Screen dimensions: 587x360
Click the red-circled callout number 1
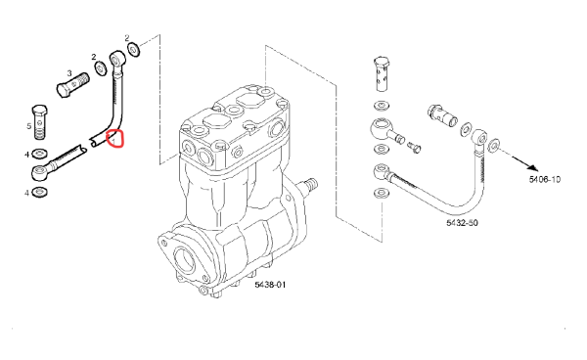pyautogui.click(x=113, y=140)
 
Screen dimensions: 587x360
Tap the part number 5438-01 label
pyautogui.click(x=270, y=285)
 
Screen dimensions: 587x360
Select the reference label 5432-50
pyautogui.click(x=462, y=223)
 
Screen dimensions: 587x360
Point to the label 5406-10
pyautogui.click(x=545, y=179)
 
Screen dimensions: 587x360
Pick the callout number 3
pyautogui.click(x=68, y=72)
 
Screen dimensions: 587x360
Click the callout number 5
pyautogui.click(x=28, y=126)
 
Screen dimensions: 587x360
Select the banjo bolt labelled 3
pyautogui.click(x=72, y=84)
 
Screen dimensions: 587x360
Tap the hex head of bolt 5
pyautogui.click(x=40, y=111)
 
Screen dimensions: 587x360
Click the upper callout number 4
pyautogui.click(x=26, y=155)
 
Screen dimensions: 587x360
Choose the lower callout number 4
pyautogui.click(x=26, y=193)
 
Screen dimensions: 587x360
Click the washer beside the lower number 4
pyautogui.click(x=40, y=193)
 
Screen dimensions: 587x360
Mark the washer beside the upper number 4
pyautogui.click(x=40, y=153)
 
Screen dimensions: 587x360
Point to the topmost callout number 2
pyautogui.click(x=127, y=38)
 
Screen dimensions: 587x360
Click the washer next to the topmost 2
pyautogui.click(x=134, y=50)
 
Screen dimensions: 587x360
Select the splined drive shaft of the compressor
pyautogui.click(x=309, y=185)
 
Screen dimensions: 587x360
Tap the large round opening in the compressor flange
pyautogui.click(x=184, y=259)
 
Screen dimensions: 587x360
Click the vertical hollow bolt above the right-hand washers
pyautogui.click(x=382, y=74)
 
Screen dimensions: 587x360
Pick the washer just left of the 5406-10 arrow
pyautogui.click(x=493, y=145)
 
